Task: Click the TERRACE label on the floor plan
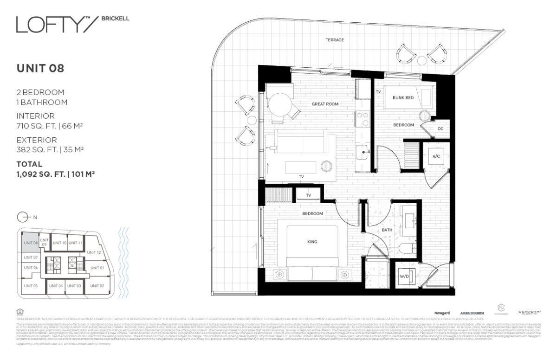click(x=334, y=40)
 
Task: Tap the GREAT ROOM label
click(x=325, y=104)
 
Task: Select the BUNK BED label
click(x=403, y=98)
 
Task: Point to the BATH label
click(x=387, y=230)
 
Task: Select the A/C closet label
click(x=436, y=157)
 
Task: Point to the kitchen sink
click(x=364, y=150)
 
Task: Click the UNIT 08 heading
click(x=40, y=69)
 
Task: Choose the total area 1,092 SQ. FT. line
click(x=56, y=174)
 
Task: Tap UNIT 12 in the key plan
click(x=94, y=252)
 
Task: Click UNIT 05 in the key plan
click(x=31, y=286)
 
